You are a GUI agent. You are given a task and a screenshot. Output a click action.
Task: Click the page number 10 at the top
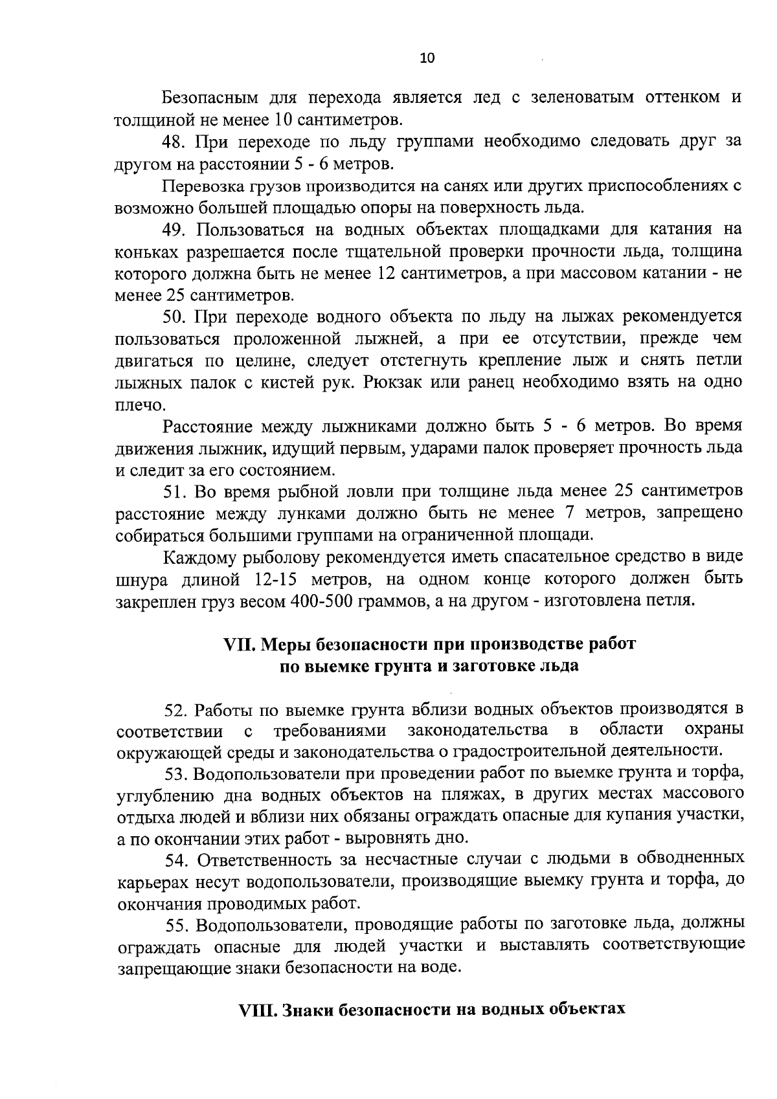(427, 58)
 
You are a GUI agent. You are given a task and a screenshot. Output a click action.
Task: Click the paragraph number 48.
(174, 141)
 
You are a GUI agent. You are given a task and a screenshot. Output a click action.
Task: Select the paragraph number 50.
(174, 317)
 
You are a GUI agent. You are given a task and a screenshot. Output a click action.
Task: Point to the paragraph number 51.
(174, 491)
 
